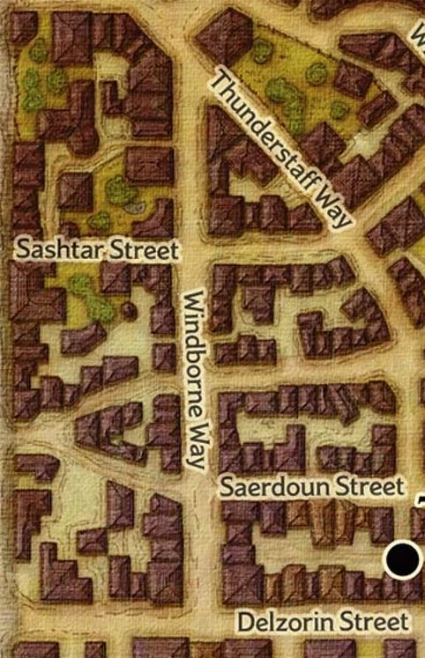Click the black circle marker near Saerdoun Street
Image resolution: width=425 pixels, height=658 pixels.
tap(404, 558)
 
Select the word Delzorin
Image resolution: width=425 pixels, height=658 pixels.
tap(280, 622)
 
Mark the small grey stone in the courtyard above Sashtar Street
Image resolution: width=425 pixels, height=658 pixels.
tap(134, 208)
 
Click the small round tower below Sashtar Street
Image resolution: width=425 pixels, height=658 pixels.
tap(130, 309)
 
